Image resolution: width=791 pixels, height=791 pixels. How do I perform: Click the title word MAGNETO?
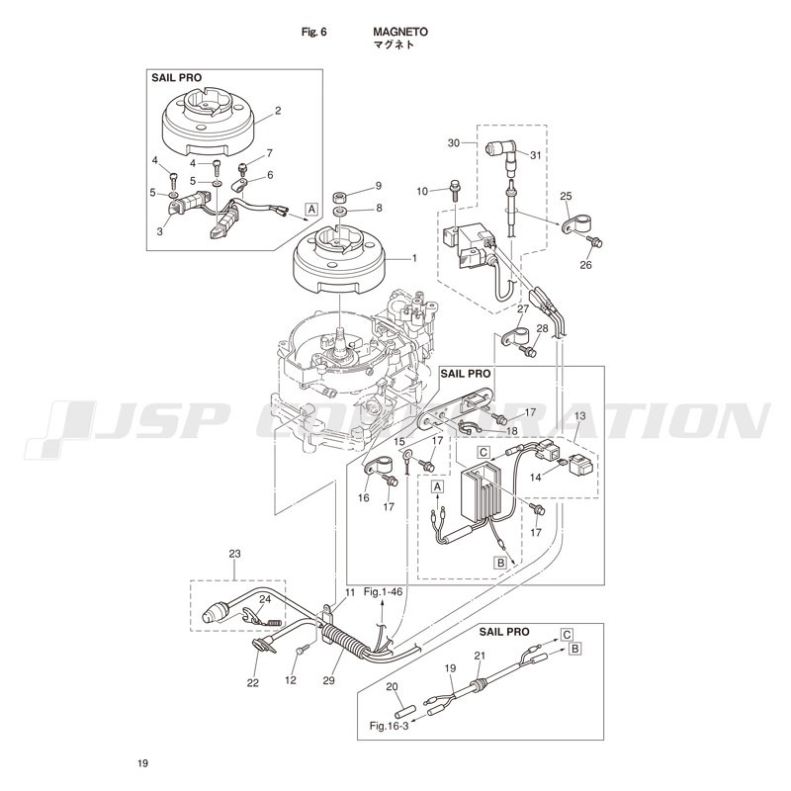click(400, 32)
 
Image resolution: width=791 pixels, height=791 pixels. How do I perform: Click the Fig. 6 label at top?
click(313, 32)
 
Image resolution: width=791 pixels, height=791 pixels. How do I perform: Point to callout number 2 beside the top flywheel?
click(278, 111)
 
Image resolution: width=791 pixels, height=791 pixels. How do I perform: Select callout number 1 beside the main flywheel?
click(414, 258)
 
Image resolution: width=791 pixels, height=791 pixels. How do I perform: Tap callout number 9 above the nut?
click(379, 186)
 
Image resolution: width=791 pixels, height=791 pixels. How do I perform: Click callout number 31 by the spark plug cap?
click(535, 155)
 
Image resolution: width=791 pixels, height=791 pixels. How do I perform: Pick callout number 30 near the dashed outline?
click(454, 143)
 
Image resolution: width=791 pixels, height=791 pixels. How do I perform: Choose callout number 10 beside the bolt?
click(422, 191)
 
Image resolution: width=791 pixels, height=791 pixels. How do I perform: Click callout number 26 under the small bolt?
click(585, 265)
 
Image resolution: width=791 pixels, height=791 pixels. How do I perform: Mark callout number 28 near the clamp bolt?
click(542, 328)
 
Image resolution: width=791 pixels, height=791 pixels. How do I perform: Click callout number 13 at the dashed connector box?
click(580, 415)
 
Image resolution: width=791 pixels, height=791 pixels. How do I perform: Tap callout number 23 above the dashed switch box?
click(235, 554)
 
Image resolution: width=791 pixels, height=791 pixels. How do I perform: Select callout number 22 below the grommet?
click(253, 682)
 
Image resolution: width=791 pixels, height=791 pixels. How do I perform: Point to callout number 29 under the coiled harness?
click(328, 680)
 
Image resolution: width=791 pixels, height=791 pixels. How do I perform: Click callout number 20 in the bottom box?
click(392, 686)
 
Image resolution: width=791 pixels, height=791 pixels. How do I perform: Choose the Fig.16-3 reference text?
click(389, 726)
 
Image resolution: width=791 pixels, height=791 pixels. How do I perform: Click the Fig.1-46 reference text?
click(384, 591)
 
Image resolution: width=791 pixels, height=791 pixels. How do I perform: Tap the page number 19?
click(142, 763)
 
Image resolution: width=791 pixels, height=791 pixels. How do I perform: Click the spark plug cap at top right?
click(500, 151)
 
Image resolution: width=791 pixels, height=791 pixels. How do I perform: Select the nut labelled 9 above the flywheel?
click(340, 195)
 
